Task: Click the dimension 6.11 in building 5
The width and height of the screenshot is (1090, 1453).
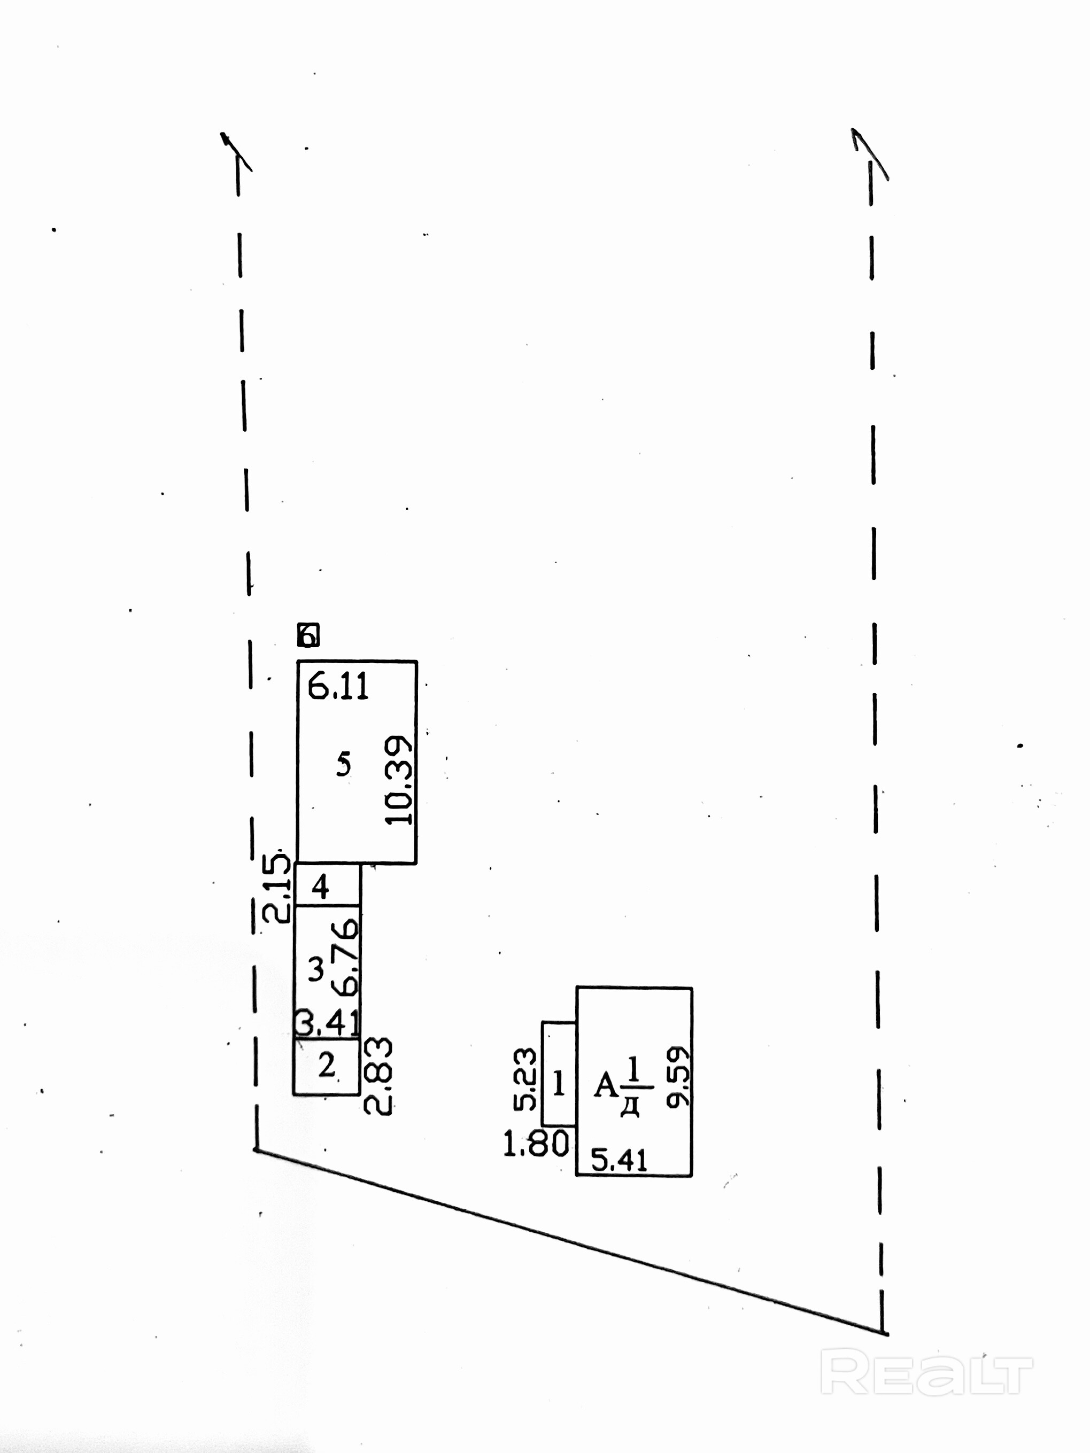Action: coord(338,687)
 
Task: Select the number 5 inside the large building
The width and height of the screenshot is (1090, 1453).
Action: coord(343,764)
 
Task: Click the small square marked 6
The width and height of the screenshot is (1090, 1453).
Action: coord(308,635)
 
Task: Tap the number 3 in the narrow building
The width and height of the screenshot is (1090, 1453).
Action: coord(316,969)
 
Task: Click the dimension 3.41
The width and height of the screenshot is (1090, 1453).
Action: coord(327,1023)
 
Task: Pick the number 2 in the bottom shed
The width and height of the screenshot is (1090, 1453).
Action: coord(327,1065)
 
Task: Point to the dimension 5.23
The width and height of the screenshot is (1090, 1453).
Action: coord(525,1079)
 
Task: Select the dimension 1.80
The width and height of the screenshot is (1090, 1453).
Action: coord(536,1144)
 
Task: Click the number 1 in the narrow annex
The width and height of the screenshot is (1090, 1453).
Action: coord(559,1083)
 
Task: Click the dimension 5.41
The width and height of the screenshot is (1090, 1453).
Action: coord(619,1160)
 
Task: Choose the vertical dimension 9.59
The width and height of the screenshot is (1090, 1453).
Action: coord(677,1078)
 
